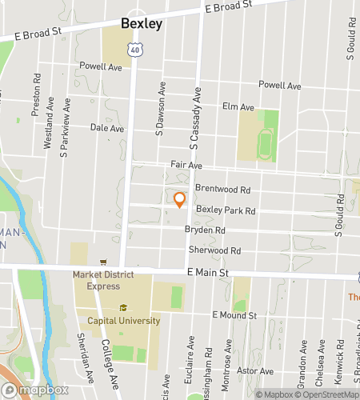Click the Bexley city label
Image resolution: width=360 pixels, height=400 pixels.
pyautogui.click(x=142, y=24)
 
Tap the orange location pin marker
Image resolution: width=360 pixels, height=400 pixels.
pyautogui.click(x=180, y=200)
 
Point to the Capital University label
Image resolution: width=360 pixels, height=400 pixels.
pyautogui.click(x=123, y=321)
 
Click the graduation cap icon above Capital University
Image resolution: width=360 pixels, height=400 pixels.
pyautogui.click(x=123, y=308)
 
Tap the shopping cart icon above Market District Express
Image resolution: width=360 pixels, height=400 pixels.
pyautogui.click(x=102, y=262)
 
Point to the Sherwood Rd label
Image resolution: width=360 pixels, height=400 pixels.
pyautogui.click(x=214, y=250)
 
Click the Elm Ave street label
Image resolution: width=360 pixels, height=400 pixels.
pyautogui.click(x=238, y=106)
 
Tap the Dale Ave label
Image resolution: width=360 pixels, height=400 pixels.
pyautogui.click(x=107, y=128)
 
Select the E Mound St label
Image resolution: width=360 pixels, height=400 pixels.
pyautogui.click(x=234, y=316)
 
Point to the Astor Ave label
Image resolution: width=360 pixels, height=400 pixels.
pyautogui.click(x=256, y=371)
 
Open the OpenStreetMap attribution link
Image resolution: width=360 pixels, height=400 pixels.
pyautogui.click(x=327, y=394)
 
